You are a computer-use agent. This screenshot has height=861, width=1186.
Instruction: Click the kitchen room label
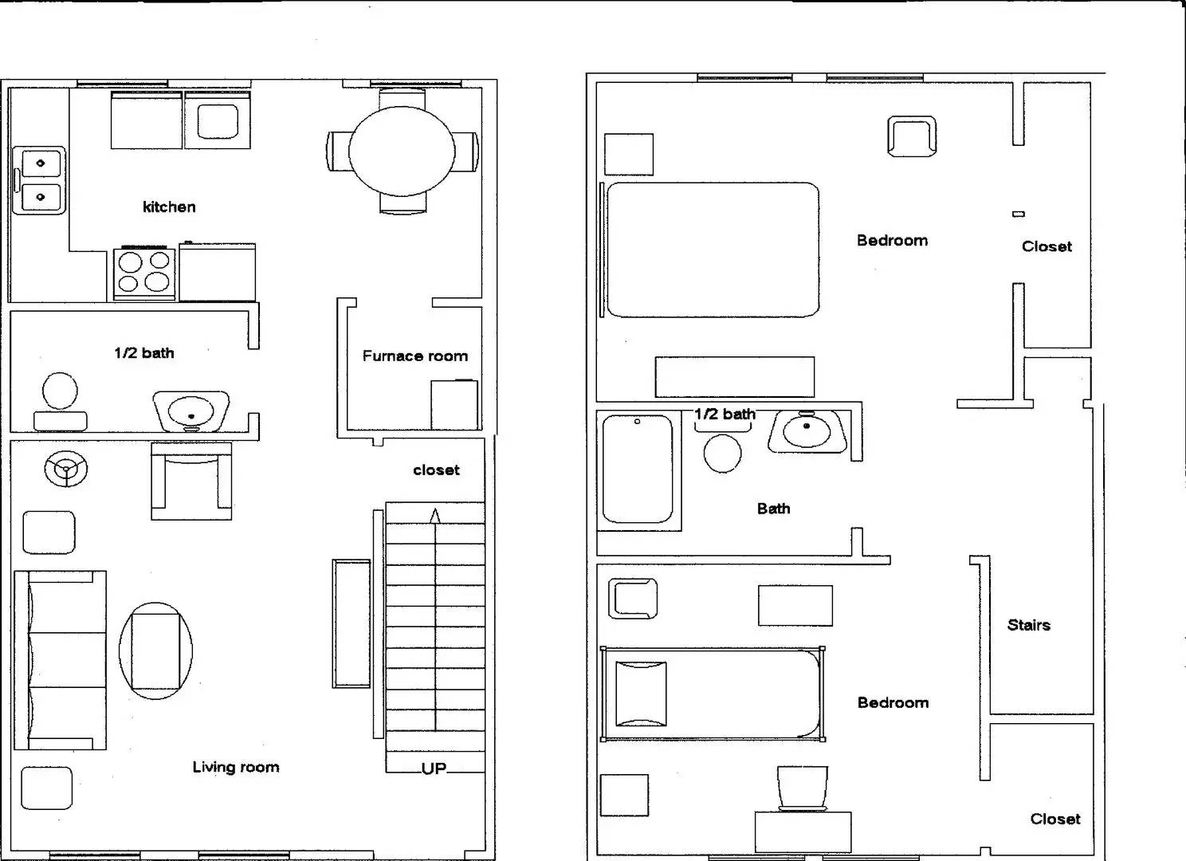[169, 207]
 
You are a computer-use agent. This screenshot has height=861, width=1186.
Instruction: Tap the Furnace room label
[414, 356]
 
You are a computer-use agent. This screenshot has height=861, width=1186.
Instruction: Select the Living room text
[236, 768]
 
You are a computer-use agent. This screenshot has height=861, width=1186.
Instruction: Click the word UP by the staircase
[434, 769]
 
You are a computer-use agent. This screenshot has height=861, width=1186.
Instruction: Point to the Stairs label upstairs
[1028, 625]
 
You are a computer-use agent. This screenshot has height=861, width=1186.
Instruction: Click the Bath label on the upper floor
[773, 509]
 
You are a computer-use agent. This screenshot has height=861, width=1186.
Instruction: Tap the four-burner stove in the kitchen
[144, 272]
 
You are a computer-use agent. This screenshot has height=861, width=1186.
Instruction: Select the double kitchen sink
[39, 179]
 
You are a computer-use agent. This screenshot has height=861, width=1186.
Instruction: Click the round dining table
[402, 151]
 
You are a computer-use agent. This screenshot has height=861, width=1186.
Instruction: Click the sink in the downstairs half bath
[191, 411]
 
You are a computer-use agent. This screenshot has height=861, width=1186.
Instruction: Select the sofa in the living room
[61, 660]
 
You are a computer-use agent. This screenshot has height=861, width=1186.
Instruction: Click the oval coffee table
[155, 651]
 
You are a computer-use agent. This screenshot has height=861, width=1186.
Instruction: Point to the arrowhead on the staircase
[434, 516]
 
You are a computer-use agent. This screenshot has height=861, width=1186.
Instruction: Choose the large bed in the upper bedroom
[713, 250]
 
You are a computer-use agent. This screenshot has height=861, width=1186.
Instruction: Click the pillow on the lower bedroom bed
[641, 694]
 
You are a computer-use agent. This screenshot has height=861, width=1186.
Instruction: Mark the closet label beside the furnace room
[436, 470]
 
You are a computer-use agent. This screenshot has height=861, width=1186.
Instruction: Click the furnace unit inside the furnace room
[454, 405]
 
